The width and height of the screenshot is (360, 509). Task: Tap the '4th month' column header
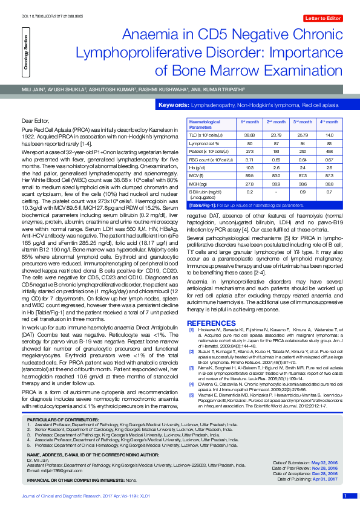click(x=329, y=122)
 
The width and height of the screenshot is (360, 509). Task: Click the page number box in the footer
click(x=344, y=496)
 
